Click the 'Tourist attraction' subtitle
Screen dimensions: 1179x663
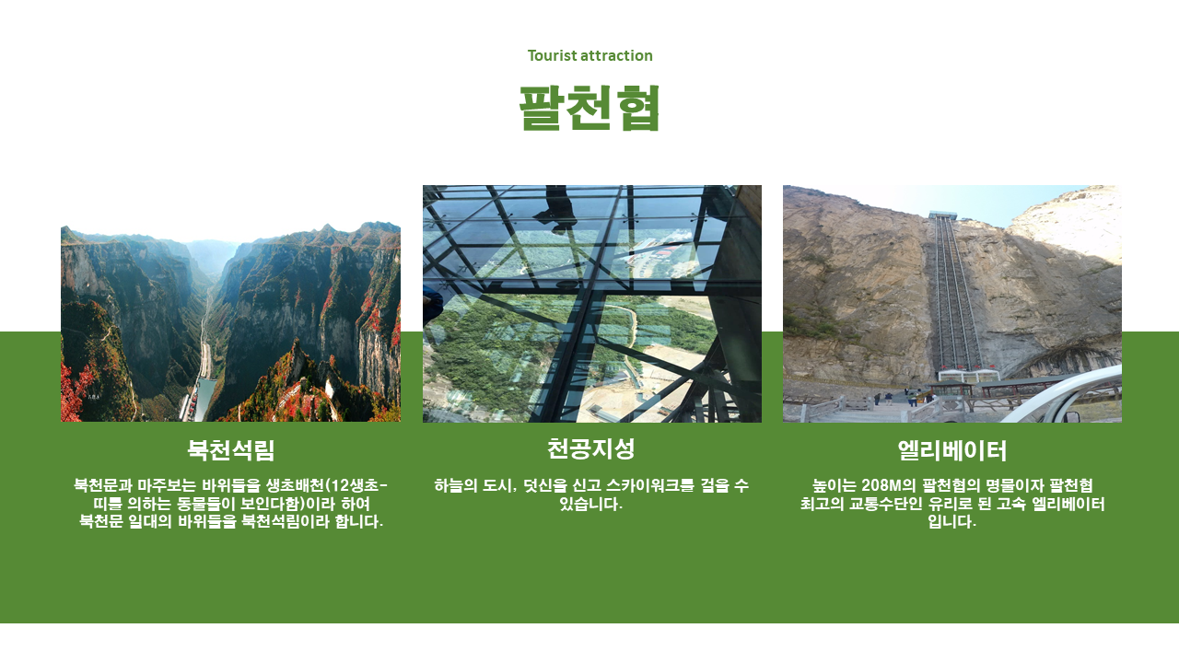pyautogui.click(x=590, y=56)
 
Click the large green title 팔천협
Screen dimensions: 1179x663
pyautogui.click(x=589, y=108)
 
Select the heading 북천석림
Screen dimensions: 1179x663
pyautogui.click(x=231, y=450)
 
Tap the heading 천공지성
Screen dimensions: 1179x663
pyautogui.click(x=591, y=448)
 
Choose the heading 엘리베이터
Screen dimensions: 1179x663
pyautogui.click(x=952, y=450)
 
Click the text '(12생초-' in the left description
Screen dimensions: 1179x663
pyautogui.click(x=357, y=485)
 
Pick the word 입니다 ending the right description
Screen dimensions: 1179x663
pyautogui.click(x=951, y=522)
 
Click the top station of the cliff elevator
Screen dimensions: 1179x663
pyautogui.click(x=942, y=215)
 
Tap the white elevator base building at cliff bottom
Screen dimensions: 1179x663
pyautogui.click(x=968, y=375)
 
